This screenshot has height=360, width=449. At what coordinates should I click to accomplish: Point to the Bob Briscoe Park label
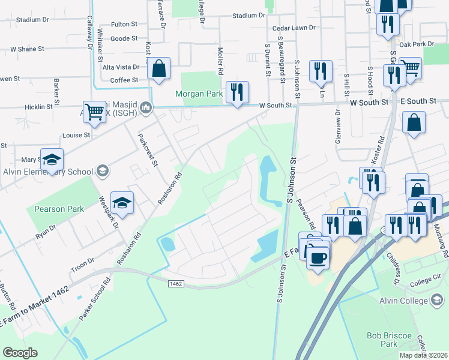tap(390, 339)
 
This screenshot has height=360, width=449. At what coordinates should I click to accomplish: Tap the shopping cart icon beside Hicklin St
tap(95, 111)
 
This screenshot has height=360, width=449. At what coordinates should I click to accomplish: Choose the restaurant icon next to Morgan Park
tap(237, 92)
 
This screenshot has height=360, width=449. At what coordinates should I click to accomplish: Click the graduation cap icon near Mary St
tap(52, 160)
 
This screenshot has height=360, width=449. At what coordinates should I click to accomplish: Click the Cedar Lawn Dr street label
tap(294, 28)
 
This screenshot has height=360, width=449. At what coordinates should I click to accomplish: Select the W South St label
tap(275, 106)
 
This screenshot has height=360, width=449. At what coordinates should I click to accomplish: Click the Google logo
tap(20, 353)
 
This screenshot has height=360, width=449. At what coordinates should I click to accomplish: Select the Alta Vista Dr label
tap(121, 67)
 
